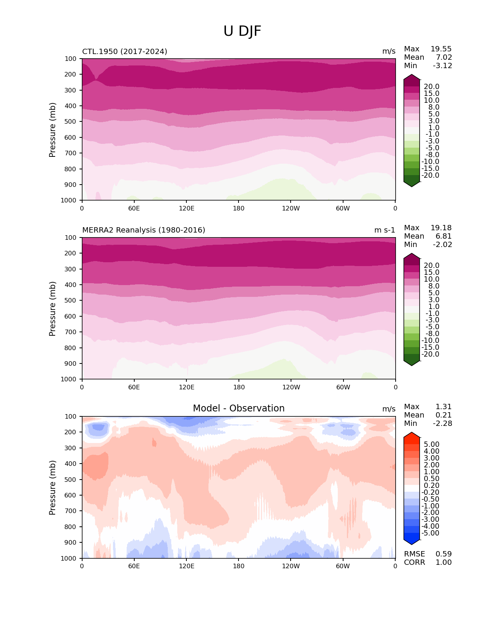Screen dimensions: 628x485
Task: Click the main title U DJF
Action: tap(242, 31)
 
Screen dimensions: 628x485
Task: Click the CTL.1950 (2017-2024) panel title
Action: tap(125, 51)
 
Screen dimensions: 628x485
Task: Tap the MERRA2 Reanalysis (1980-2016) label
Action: tap(144, 230)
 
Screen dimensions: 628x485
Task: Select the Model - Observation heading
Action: tap(239, 408)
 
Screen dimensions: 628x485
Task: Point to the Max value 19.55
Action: tap(441, 49)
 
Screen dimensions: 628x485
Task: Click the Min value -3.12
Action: tap(442, 66)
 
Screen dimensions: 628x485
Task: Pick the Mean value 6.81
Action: tap(444, 236)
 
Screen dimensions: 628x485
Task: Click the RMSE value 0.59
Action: tap(444, 554)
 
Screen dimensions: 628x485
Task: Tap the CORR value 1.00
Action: tap(444, 563)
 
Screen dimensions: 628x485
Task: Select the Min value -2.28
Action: tap(442, 424)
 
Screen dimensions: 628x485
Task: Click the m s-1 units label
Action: tap(385, 230)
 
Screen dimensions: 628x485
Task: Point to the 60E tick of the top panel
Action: tap(134, 209)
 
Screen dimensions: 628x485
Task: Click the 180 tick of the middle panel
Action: tap(239, 387)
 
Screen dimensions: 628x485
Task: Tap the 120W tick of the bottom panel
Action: tap(291, 566)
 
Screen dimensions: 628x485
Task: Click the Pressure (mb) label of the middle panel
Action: tap(52, 309)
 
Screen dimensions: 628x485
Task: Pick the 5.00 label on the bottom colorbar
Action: tap(431, 445)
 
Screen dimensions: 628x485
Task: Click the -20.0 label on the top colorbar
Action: tap(431, 175)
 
